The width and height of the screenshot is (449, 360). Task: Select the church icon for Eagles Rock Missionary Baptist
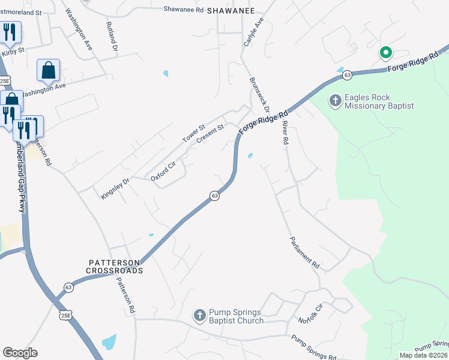335,101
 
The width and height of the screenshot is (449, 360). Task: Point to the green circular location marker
385,53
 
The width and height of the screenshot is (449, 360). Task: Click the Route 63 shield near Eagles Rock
347,75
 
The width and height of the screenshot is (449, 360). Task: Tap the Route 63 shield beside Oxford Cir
214,196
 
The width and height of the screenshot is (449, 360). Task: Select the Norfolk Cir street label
313,311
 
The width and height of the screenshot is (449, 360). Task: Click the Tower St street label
194,134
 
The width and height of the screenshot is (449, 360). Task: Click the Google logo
20,353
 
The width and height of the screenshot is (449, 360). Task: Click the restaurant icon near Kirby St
10,32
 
